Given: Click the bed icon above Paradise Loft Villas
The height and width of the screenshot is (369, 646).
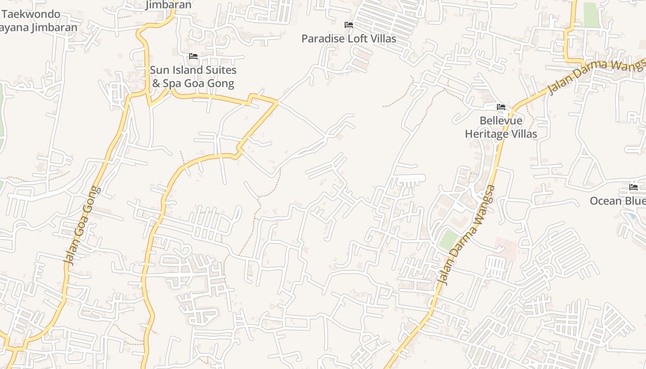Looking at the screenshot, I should (x=349, y=24).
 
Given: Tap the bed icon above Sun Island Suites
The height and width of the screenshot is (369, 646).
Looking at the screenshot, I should (x=193, y=56).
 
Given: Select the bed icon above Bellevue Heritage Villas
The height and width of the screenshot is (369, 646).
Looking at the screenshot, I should (x=501, y=107).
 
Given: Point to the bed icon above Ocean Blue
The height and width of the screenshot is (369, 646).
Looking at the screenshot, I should (x=634, y=187).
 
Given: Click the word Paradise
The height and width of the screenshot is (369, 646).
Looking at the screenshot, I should (x=323, y=39).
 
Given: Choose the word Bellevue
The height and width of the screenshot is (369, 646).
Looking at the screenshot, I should (x=501, y=121).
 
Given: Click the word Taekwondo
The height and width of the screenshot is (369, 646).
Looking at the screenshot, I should (x=31, y=14).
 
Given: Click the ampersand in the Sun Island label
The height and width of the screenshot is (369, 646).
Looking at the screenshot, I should (x=156, y=84).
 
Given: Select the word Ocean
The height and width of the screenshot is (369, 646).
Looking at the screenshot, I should (x=605, y=201).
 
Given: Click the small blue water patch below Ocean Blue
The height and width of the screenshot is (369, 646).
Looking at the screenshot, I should (x=632, y=215).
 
